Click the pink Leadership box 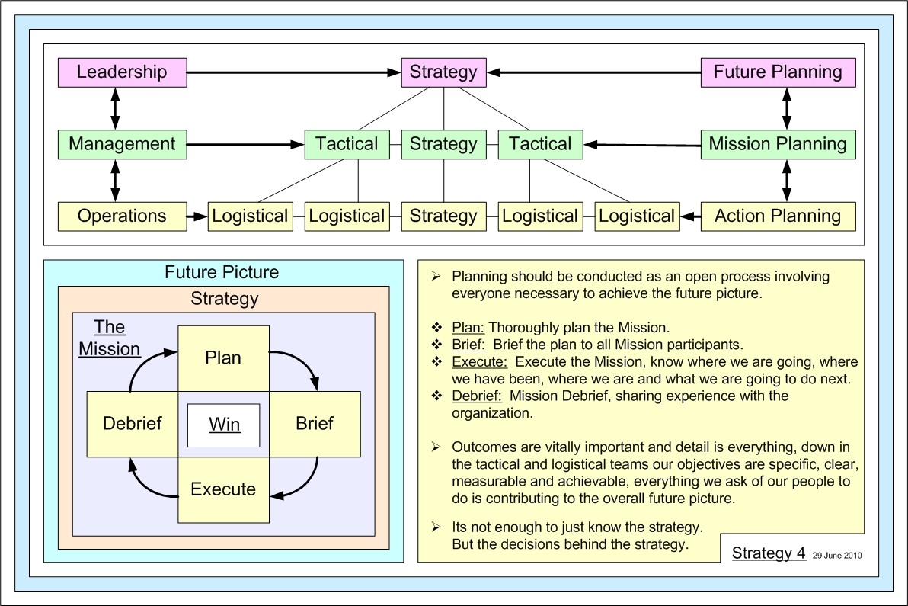pyautogui.click(x=122, y=72)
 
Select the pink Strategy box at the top pyautogui.click(x=443, y=72)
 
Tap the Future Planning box pyautogui.click(x=778, y=72)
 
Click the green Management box pyautogui.click(x=122, y=144)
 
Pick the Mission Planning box pyautogui.click(x=778, y=144)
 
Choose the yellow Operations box pyautogui.click(x=122, y=216)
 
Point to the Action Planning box pyautogui.click(x=778, y=216)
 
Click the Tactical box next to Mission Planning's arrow pyautogui.click(x=540, y=144)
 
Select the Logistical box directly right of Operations pyautogui.click(x=250, y=216)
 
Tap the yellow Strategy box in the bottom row pyautogui.click(x=443, y=216)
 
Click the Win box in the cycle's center pyautogui.click(x=224, y=424)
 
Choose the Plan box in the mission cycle pyautogui.click(x=223, y=358)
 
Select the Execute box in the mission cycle pyautogui.click(x=223, y=489)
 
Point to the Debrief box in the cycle pyautogui.click(x=133, y=423)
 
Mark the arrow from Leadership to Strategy pyautogui.click(x=293, y=72)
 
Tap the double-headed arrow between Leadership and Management pyautogui.click(x=115, y=108)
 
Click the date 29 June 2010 pyautogui.click(x=837, y=556)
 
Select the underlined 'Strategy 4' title pyautogui.click(x=769, y=553)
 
